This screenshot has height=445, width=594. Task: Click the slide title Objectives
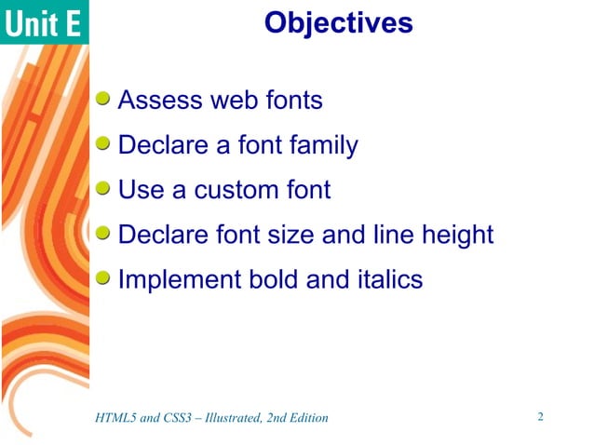[338, 22]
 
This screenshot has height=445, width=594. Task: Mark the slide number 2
[540, 416]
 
